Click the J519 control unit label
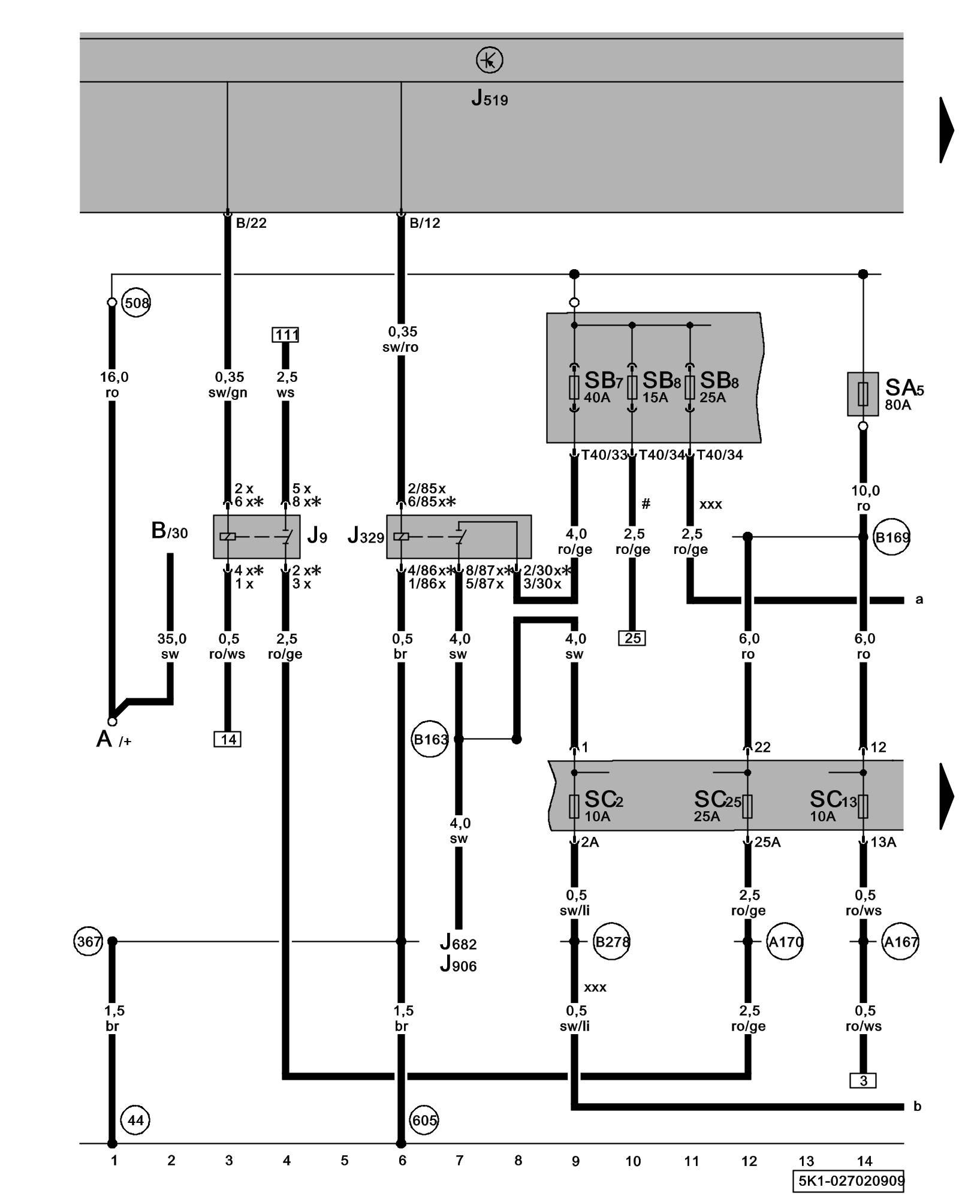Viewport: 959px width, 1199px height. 489,98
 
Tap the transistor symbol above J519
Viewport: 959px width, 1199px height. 489,61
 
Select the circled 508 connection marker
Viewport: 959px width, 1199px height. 136,303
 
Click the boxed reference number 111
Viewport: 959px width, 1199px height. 285,335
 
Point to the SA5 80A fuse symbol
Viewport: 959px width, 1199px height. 863,394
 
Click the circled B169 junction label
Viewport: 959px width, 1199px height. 892,538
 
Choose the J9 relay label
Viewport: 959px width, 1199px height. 317,535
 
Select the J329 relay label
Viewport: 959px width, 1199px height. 366,535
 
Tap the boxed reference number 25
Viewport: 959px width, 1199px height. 632,638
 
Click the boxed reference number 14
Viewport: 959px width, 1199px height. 228,739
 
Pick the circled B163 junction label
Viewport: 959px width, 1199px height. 430,740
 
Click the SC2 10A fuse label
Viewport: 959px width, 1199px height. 603,805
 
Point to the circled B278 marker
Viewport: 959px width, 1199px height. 611,942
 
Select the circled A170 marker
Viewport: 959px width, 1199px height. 785,942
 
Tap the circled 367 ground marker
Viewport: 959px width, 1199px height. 89,942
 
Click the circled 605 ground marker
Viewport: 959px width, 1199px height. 424,1120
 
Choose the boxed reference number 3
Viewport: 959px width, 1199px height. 863,1080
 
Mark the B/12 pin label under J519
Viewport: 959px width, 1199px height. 424,224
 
